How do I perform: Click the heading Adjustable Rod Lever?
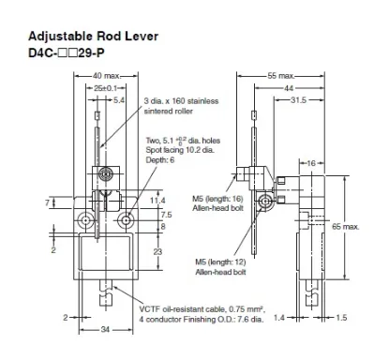click(x=93, y=37)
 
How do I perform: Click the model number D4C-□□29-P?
click(x=67, y=53)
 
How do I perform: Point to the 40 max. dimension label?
click(x=106, y=76)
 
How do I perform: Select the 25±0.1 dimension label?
click(x=105, y=88)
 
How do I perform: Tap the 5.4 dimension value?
click(x=119, y=100)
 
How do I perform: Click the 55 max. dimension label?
click(x=281, y=76)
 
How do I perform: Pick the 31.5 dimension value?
click(x=298, y=100)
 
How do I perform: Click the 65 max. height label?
click(x=346, y=227)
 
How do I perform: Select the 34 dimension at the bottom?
click(x=105, y=329)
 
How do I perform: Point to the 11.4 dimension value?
click(x=157, y=201)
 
